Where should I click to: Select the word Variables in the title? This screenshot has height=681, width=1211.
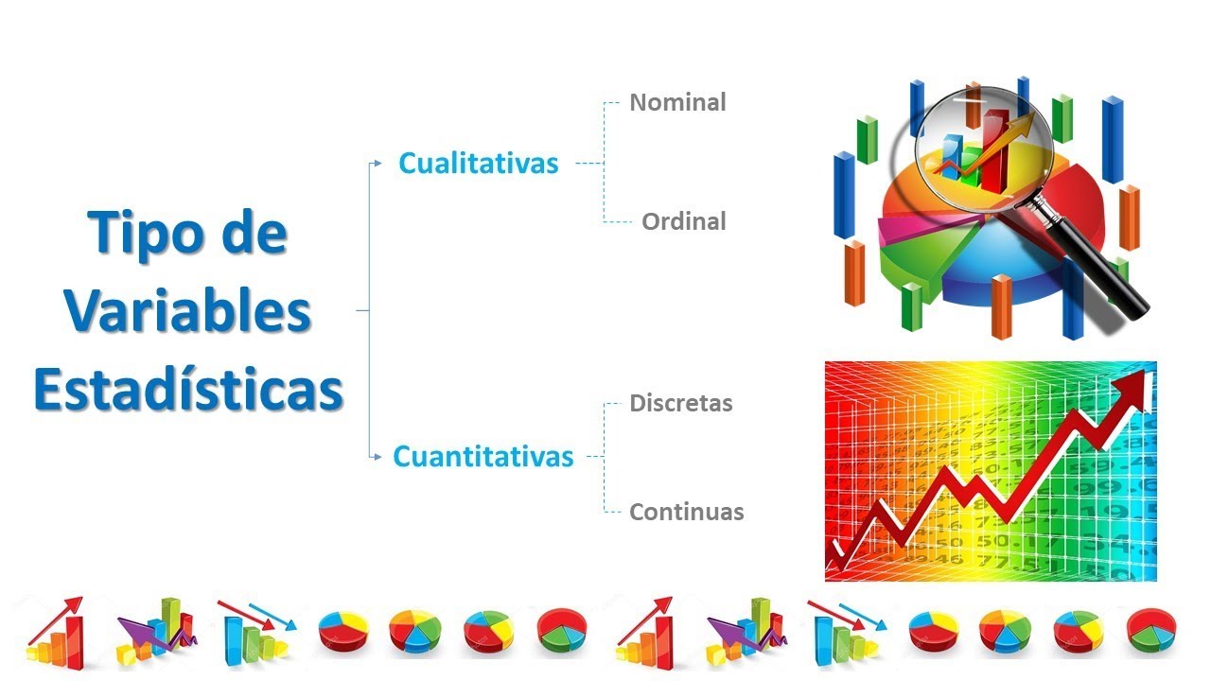188,311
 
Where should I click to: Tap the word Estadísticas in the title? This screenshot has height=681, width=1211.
188,389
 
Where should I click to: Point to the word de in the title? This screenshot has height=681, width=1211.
250,234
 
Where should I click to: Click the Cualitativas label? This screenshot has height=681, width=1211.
478,164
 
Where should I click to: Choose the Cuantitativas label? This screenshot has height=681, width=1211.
483,457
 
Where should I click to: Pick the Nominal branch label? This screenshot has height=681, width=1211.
677,102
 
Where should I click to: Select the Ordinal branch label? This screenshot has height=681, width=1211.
683,222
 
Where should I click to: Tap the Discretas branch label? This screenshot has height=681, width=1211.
680,403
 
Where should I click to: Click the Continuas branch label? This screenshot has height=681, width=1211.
686,513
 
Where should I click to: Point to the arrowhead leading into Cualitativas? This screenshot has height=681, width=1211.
377,164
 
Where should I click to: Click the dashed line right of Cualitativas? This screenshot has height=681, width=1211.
588,164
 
